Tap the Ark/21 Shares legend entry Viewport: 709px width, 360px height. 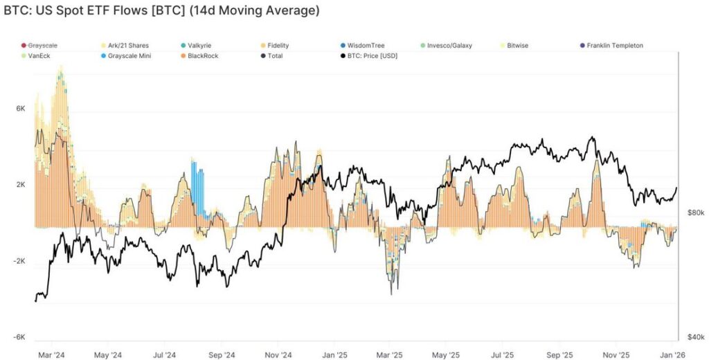point(128,46)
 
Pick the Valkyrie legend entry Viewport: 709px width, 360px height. point(199,46)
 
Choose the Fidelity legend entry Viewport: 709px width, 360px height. point(276,46)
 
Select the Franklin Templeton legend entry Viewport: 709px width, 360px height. point(615,46)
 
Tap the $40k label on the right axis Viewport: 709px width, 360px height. point(695,337)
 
